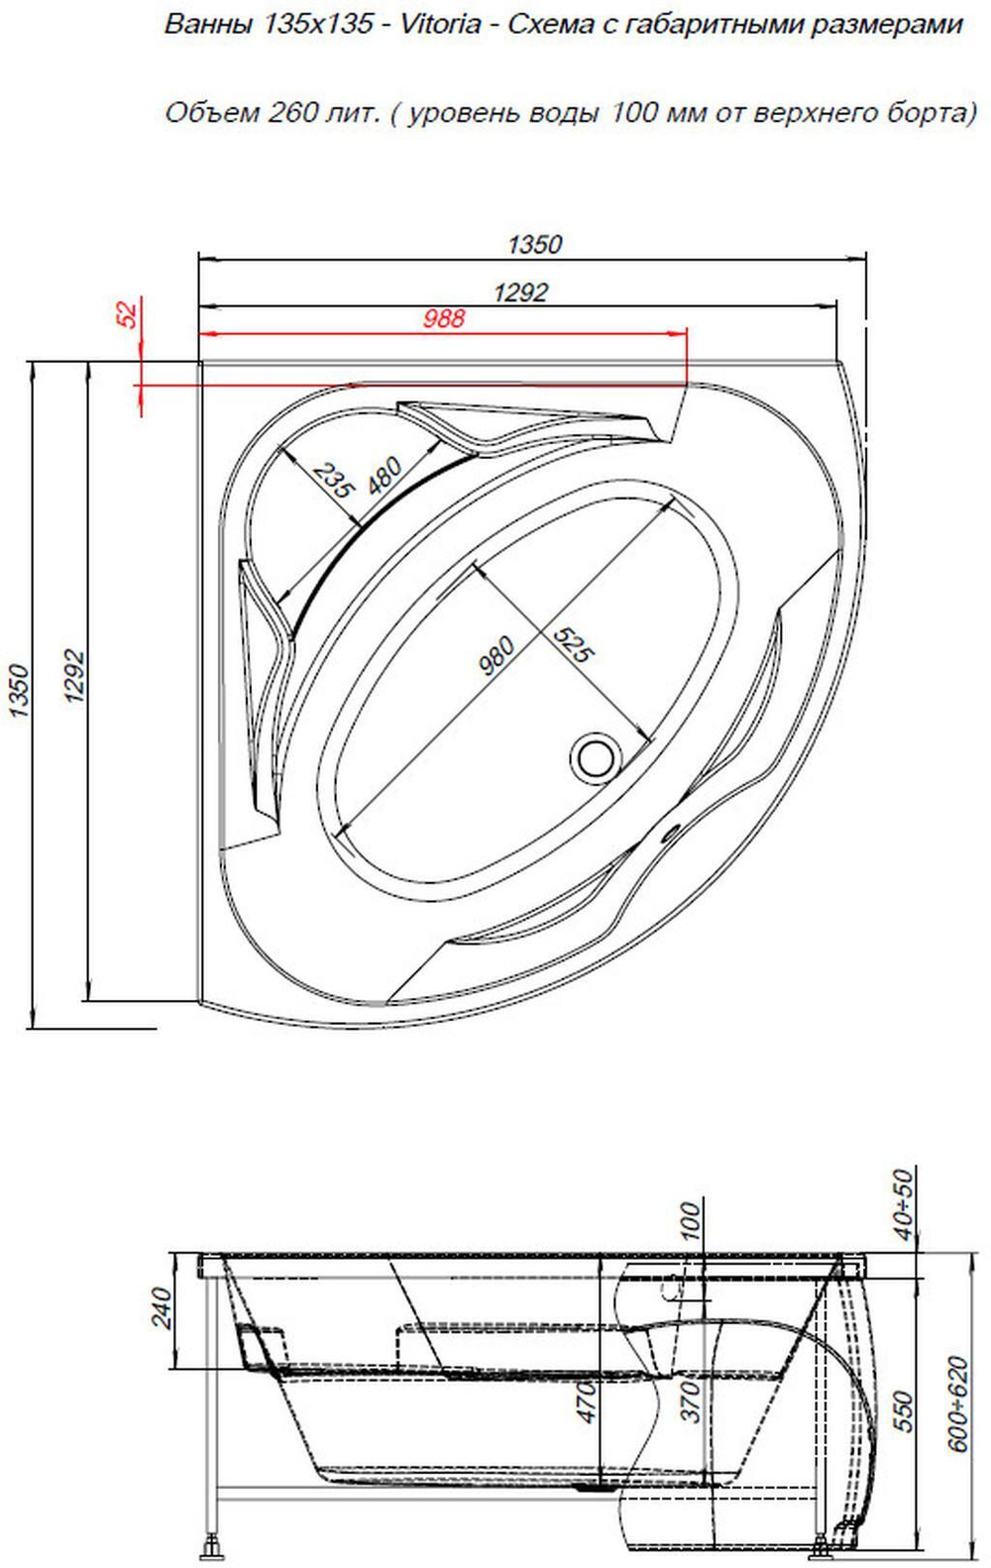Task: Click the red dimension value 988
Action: pyautogui.click(x=443, y=318)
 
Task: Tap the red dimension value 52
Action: pyautogui.click(x=128, y=314)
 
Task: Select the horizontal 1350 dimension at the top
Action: pyautogui.click(x=534, y=244)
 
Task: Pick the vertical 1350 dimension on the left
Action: pyautogui.click(x=19, y=691)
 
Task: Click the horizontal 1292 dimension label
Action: pyautogui.click(x=520, y=292)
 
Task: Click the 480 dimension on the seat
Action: pyautogui.click(x=384, y=475)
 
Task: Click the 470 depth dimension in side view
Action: pyautogui.click(x=586, y=1402)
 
